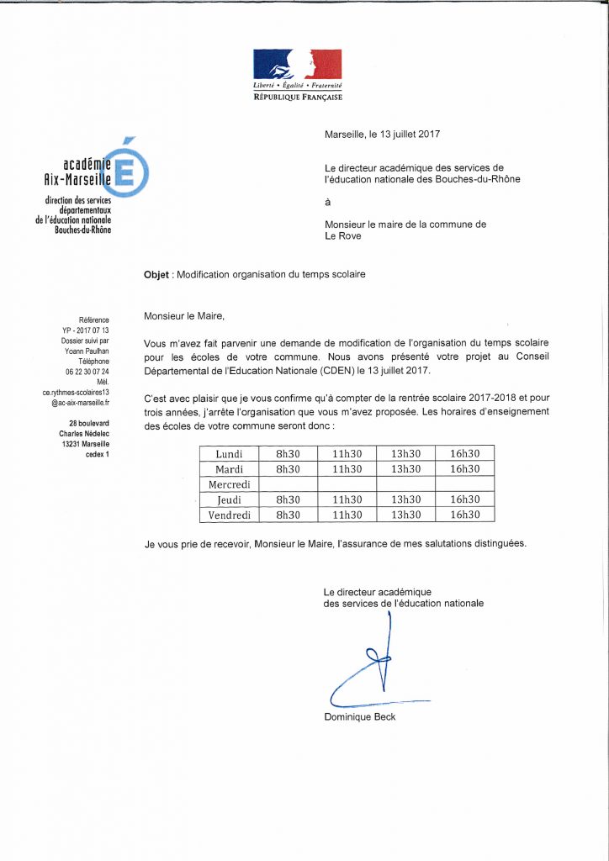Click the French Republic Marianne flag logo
click(x=298, y=65)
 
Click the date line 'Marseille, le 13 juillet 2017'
click(x=383, y=134)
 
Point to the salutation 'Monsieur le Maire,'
click(x=185, y=316)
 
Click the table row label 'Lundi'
click(x=230, y=454)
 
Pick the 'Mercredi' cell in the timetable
click(x=230, y=484)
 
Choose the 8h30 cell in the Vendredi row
click(x=288, y=515)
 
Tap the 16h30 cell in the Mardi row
click(x=464, y=469)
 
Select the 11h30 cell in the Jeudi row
click(x=347, y=499)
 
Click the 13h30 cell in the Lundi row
click(x=405, y=454)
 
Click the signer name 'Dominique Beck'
click(x=359, y=717)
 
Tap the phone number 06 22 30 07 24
click(x=87, y=371)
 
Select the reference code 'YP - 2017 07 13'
click(x=87, y=330)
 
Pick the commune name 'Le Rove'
click(x=343, y=236)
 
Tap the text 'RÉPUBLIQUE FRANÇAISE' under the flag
click(x=298, y=98)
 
